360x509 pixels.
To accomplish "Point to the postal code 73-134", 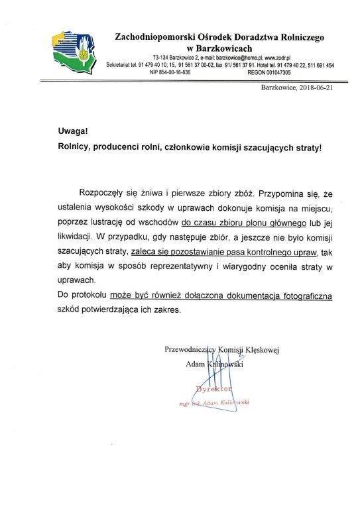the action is tap(163, 58).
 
